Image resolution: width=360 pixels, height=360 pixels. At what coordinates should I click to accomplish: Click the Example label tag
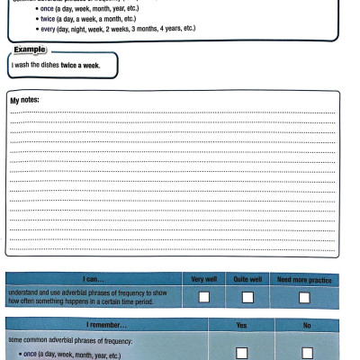31,49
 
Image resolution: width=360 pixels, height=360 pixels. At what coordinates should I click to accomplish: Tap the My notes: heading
24,100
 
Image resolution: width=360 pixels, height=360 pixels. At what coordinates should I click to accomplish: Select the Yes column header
241,323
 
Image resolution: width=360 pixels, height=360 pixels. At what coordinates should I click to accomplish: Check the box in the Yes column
241,352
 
